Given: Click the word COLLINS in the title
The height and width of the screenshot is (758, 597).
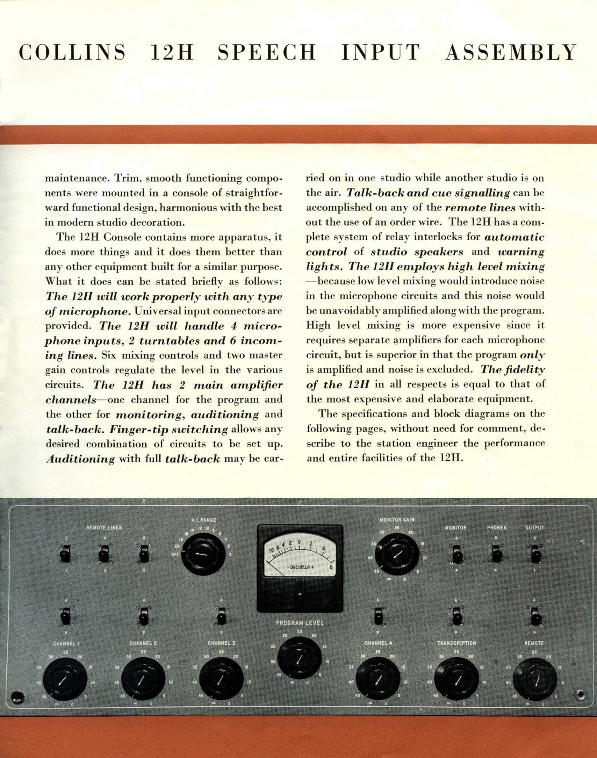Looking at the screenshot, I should click(x=72, y=53).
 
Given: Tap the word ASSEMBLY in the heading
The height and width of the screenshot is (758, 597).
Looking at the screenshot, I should click(x=511, y=53).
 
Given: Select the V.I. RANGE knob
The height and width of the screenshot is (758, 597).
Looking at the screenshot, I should click(x=203, y=554).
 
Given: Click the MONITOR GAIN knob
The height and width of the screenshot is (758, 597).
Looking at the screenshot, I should click(x=397, y=554).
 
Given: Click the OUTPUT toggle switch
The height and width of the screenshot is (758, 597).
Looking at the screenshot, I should click(x=536, y=554).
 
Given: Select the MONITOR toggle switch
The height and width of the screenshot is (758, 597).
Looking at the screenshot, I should click(x=457, y=554).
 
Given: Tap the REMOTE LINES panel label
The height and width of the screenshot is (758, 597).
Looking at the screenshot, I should click(x=104, y=528).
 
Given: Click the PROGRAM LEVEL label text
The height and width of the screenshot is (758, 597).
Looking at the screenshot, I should click(x=300, y=623).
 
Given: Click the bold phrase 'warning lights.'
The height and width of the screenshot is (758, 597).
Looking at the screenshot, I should click(x=425, y=259).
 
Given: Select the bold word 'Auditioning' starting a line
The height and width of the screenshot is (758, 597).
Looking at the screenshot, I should click(x=80, y=459).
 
